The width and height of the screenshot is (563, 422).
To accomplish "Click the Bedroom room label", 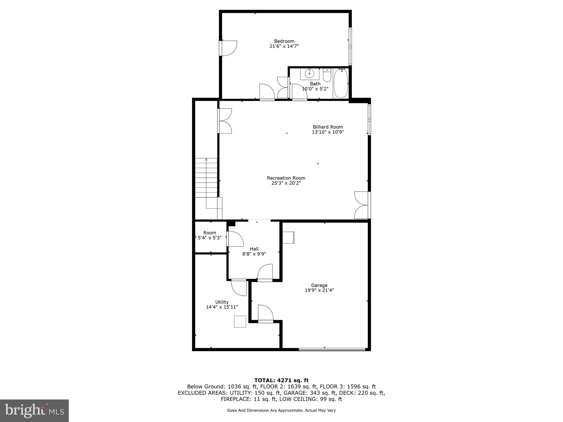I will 284,41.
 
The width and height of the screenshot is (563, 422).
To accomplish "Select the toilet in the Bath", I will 327,76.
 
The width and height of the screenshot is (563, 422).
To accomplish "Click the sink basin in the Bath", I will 309,74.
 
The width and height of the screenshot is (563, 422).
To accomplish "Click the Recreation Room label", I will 286,178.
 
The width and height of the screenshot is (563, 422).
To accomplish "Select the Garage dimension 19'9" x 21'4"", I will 319,290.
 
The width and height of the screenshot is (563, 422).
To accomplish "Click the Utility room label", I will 222,302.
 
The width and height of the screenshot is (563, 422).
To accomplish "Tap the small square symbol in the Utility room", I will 240,321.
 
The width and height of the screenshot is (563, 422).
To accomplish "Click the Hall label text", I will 254,249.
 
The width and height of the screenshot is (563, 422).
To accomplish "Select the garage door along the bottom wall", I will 332,349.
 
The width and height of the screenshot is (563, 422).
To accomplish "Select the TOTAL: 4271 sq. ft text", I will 281,380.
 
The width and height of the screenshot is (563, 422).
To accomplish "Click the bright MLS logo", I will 34,410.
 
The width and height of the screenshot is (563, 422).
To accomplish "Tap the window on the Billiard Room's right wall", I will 369,120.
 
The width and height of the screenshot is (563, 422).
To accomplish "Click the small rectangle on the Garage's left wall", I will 288,237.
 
